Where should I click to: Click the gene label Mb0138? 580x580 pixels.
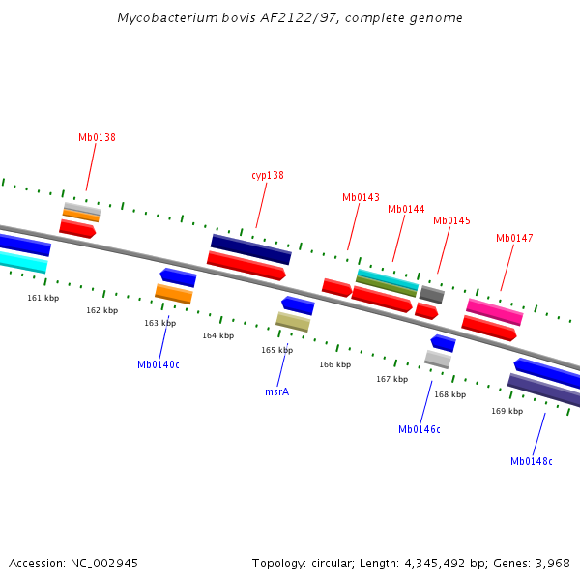[x=97, y=137]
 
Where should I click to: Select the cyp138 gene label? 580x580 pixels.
[x=268, y=175]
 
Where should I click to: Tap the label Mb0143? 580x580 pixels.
[x=361, y=197]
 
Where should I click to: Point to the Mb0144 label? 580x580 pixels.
[x=406, y=209]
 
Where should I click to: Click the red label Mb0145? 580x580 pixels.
[x=451, y=220]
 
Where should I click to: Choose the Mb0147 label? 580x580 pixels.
[x=514, y=238]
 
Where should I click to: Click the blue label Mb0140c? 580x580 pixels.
[x=159, y=364]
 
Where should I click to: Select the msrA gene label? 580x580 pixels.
[x=277, y=391]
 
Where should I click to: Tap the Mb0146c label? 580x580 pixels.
[x=419, y=429]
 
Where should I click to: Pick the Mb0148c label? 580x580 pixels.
[x=532, y=461]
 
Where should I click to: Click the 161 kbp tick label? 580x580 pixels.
[x=43, y=298]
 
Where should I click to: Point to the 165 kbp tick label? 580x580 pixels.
[x=276, y=350]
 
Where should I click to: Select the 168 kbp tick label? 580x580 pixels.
[x=449, y=394]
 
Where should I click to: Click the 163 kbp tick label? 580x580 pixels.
[x=159, y=323]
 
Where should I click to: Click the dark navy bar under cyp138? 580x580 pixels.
[x=251, y=248]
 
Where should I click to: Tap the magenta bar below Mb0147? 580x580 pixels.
[x=494, y=311]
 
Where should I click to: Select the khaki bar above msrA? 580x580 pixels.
[x=293, y=321]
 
